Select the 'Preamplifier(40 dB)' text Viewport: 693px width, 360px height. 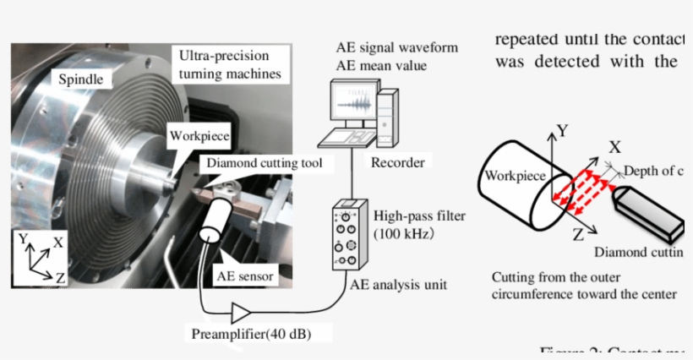point(249,335)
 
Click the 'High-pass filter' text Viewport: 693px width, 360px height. point(420,215)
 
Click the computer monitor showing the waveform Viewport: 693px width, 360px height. point(352,106)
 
